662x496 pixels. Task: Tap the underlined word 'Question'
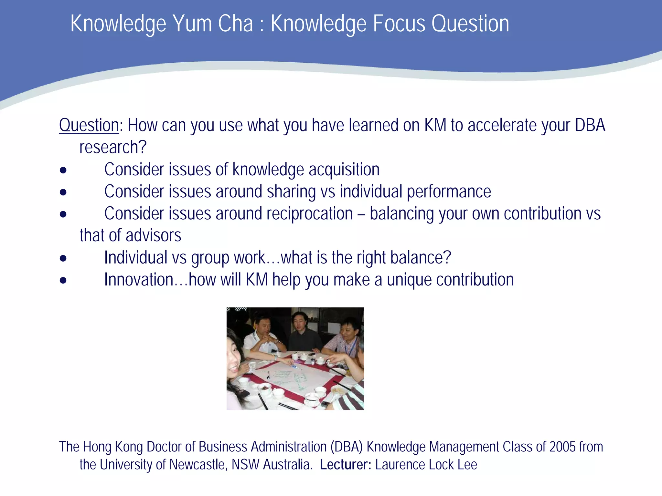pos(89,125)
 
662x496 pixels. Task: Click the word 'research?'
pos(113,148)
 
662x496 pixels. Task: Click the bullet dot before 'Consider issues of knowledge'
pos(63,170)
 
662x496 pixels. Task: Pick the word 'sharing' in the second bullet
pos(291,192)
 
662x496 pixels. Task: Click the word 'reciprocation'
pos(284,214)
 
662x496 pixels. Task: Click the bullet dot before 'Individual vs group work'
pos(63,258)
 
